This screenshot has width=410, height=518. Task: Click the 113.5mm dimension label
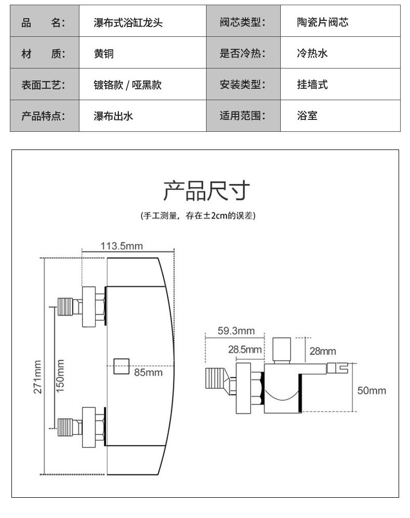[121, 246]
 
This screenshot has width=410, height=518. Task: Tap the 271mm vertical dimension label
[38, 377]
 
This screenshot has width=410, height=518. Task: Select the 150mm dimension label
[60, 376]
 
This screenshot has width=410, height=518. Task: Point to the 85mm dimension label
[148, 373]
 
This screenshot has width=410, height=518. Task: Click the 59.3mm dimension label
[236, 331]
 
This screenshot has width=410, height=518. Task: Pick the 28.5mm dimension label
[245, 349]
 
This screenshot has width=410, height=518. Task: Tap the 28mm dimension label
[323, 351]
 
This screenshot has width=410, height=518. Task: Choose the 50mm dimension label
[372, 390]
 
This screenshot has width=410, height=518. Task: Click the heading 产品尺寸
[207, 191]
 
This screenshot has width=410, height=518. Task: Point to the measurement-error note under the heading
[198, 216]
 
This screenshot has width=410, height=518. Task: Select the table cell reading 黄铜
[104, 53]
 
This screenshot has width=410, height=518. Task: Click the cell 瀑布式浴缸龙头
[128, 22]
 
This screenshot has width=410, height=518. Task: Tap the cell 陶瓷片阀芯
[322, 22]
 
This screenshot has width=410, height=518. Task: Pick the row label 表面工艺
[43, 85]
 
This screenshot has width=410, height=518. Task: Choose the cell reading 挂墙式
[312, 85]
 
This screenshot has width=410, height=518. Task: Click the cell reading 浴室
[307, 116]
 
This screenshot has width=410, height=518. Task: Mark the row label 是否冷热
[242, 53]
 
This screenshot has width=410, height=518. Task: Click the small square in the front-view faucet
[121, 366]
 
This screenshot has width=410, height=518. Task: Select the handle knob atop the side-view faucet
[282, 350]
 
